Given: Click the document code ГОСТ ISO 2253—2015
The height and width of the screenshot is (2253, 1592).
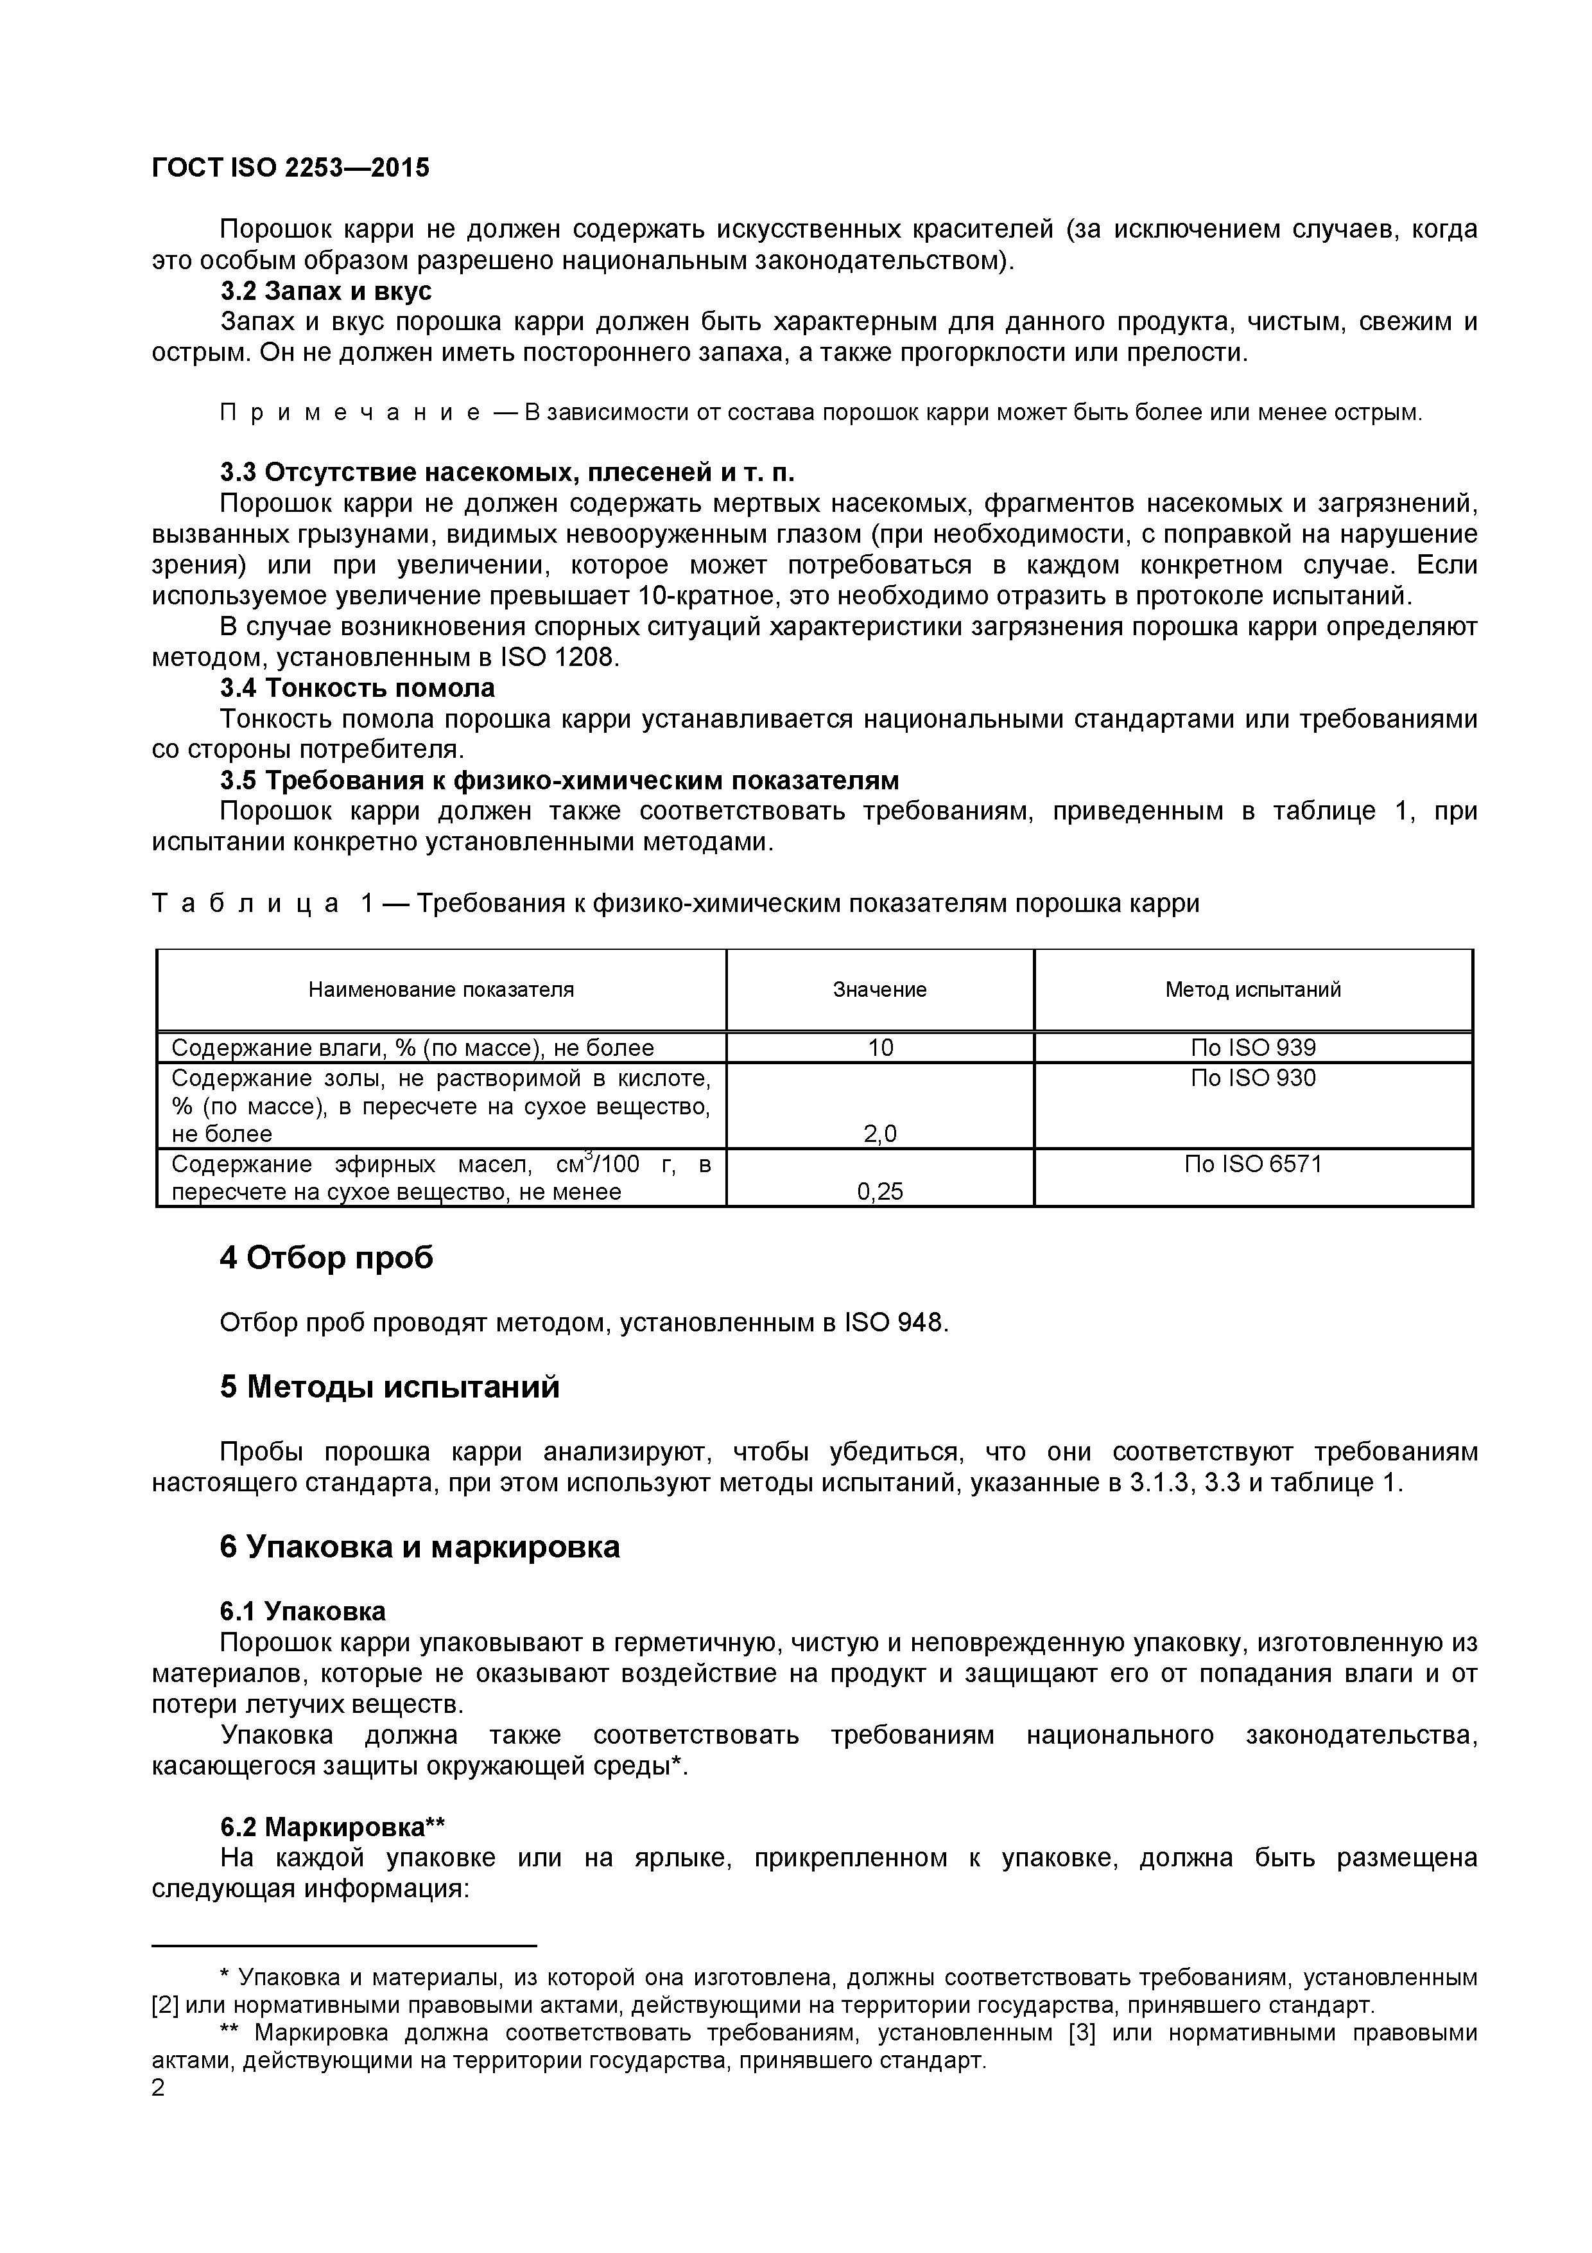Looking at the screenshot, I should click(290, 168).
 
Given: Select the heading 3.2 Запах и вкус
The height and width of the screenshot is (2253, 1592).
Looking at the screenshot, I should click(325, 292).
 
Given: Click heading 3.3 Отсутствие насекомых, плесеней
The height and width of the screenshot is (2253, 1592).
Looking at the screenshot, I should click(507, 473).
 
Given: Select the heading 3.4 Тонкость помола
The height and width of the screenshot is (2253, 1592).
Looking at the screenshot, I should click(357, 688).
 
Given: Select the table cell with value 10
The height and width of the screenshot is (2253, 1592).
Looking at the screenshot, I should click(880, 1048).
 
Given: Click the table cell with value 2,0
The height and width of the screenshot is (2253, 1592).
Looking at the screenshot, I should click(880, 1134).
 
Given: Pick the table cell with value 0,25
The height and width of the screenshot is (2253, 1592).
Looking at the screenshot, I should click(880, 1191).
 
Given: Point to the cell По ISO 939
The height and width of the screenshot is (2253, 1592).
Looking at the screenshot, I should click(1252, 1048).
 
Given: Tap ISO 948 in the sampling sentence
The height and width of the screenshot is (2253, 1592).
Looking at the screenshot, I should click(895, 1324).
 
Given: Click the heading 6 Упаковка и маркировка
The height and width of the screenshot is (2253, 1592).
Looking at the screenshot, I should click(420, 1547).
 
